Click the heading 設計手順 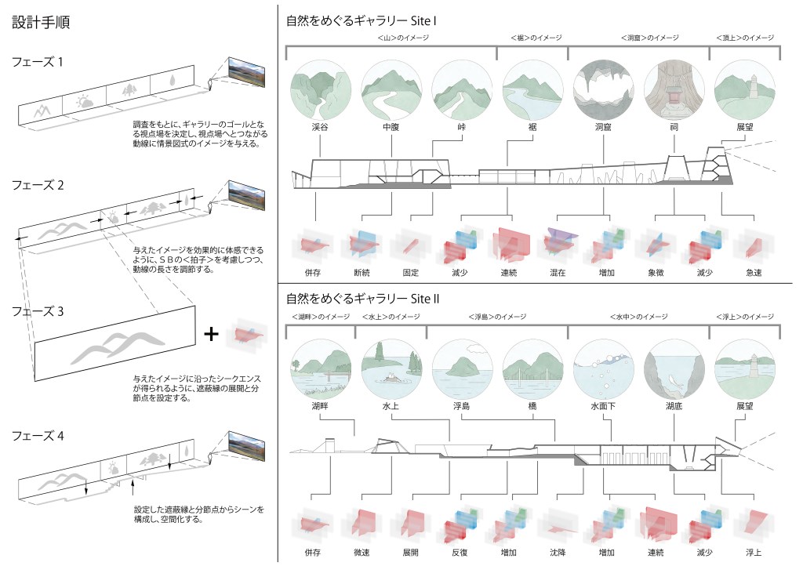pyautogui.click(x=42, y=22)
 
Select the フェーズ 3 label pyautogui.click(x=38, y=310)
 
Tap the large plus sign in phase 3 pyautogui.click(x=210, y=334)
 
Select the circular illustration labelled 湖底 pyautogui.click(x=672, y=368)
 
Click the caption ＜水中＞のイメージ pyautogui.click(x=638, y=317)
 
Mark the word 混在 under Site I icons pyautogui.click(x=558, y=274)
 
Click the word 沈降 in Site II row pyautogui.click(x=558, y=552)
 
